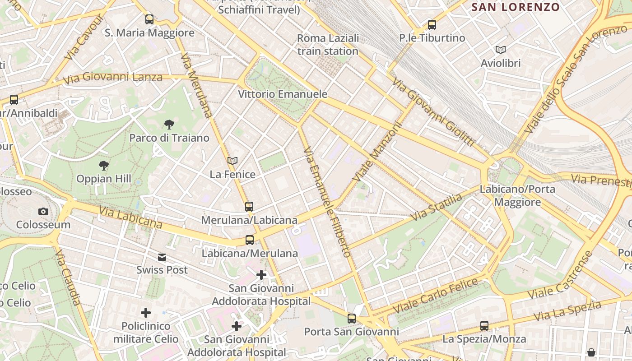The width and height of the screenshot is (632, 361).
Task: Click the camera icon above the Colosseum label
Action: click(x=43, y=211)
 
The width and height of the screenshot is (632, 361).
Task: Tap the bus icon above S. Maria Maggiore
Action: click(x=149, y=19)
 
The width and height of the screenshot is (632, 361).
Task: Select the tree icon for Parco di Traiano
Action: click(x=169, y=124)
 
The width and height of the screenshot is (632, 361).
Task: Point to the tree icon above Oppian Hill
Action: click(x=104, y=166)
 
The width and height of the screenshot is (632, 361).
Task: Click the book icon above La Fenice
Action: click(x=232, y=161)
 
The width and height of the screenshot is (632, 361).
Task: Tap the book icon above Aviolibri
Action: click(x=500, y=50)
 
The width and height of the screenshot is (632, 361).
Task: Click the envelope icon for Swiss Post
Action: click(x=162, y=257)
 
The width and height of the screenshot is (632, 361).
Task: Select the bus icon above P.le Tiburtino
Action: click(x=432, y=25)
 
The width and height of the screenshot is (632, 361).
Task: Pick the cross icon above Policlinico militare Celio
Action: click(x=146, y=312)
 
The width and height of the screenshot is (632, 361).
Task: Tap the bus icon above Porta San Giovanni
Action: click(x=352, y=319)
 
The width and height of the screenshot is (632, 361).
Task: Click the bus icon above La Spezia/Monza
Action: click(x=484, y=325)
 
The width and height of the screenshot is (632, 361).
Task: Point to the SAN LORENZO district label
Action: click(x=516, y=7)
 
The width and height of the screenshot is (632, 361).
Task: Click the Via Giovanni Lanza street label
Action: click(x=112, y=78)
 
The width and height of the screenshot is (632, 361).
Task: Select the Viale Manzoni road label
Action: click(x=377, y=153)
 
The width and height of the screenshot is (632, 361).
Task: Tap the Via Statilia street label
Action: click(x=437, y=208)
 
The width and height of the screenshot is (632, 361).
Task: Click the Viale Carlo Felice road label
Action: click(x=435, y=296)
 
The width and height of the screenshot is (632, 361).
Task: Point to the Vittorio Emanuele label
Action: click(x=283, y=94)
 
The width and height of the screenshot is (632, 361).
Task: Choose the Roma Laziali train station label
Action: click(x=328, y=45)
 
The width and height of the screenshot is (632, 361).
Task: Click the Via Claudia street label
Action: click(x=69, y=277)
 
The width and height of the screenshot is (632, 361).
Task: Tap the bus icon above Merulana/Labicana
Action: click(x=249, y=207)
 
